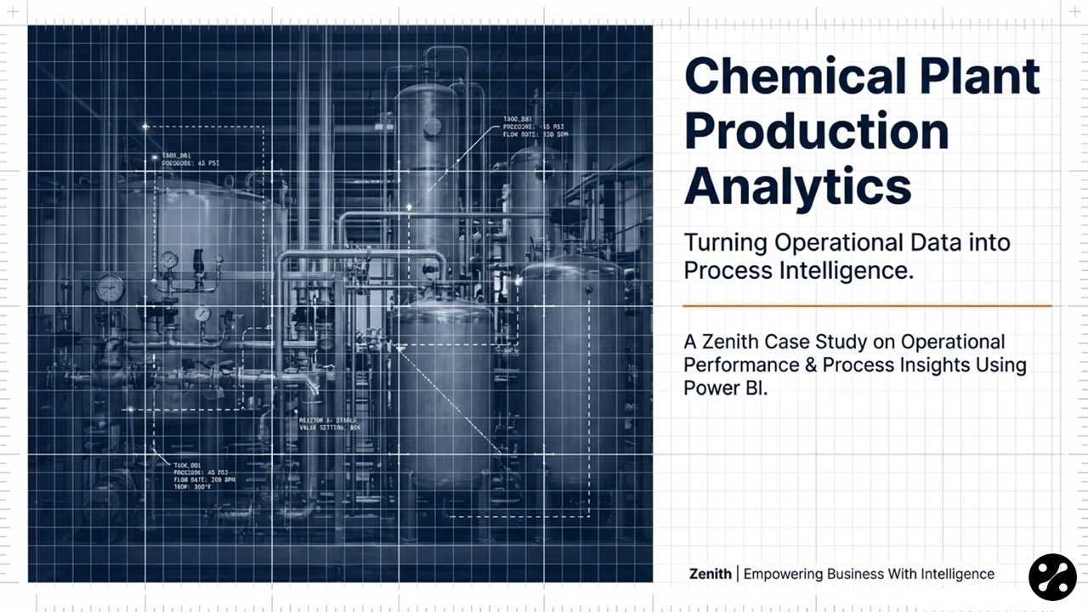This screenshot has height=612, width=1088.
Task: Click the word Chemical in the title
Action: tap(792, 77)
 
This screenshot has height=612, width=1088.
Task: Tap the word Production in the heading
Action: tap(816, 132)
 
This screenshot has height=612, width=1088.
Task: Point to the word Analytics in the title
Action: tap(797, 186)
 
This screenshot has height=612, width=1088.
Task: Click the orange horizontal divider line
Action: tap(867, 305)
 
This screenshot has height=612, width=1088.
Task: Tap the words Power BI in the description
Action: tap(725, 388)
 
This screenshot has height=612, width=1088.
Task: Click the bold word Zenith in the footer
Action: tap(710, 574)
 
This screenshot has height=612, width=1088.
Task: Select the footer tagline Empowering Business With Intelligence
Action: tap(869, 574)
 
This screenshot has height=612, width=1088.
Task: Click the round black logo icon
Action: tap(1052, 577)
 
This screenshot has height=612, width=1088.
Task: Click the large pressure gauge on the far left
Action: tap(110, 288)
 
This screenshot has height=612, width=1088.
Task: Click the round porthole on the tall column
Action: tap(432, 126)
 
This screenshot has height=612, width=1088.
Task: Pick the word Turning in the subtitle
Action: tap(726, 242)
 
